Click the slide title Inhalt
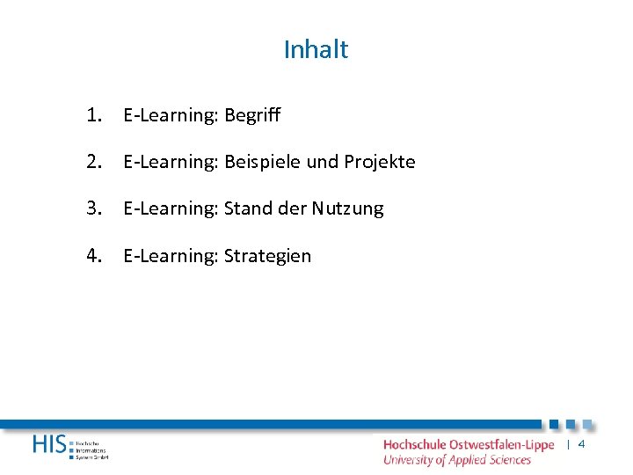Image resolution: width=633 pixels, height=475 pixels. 316,50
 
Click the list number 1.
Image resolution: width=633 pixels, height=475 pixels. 94,114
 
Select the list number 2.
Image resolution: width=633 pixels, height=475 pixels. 94,162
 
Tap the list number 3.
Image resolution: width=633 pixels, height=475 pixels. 94,208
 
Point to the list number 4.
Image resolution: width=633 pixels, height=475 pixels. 94,256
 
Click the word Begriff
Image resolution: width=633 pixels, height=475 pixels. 252,115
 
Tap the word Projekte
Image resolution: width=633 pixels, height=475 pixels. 380,163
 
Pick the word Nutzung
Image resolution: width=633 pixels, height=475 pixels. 348,209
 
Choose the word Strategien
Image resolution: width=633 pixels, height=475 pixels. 267,257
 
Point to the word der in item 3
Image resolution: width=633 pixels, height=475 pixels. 292,209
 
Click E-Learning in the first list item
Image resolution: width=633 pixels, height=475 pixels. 171,115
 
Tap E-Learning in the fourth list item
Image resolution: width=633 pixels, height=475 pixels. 171,257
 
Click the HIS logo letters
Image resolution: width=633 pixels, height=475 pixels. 48,445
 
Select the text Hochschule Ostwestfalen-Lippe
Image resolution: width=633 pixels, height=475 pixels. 469,445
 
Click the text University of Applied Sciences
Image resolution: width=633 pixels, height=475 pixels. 457,459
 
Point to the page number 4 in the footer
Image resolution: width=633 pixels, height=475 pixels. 581,445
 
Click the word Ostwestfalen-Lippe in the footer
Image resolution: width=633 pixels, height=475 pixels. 501,445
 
